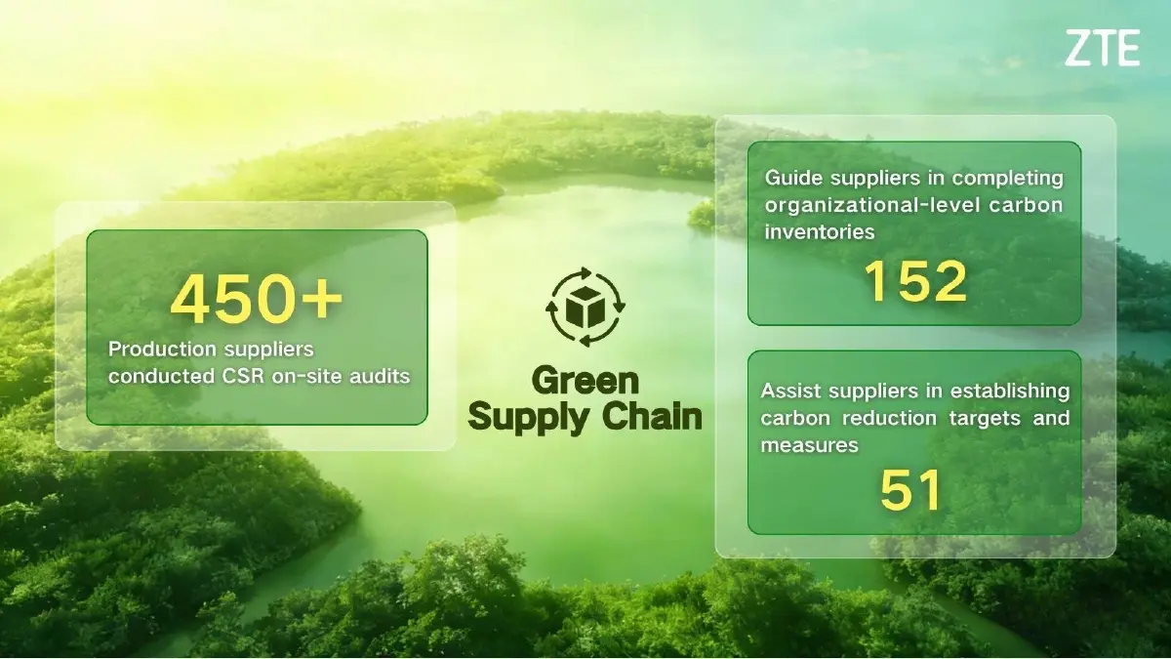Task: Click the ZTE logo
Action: click(1102, 48)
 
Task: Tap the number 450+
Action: click(257, 299)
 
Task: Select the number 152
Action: click(915, 282)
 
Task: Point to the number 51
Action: click(910, 491)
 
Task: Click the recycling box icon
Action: click(585, 307)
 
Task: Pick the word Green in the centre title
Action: click(585, 381)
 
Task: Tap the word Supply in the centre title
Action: click(528, 419)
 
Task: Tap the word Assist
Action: click(788, 391)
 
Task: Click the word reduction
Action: click(886, 419)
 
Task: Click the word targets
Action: click(985, 419)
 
